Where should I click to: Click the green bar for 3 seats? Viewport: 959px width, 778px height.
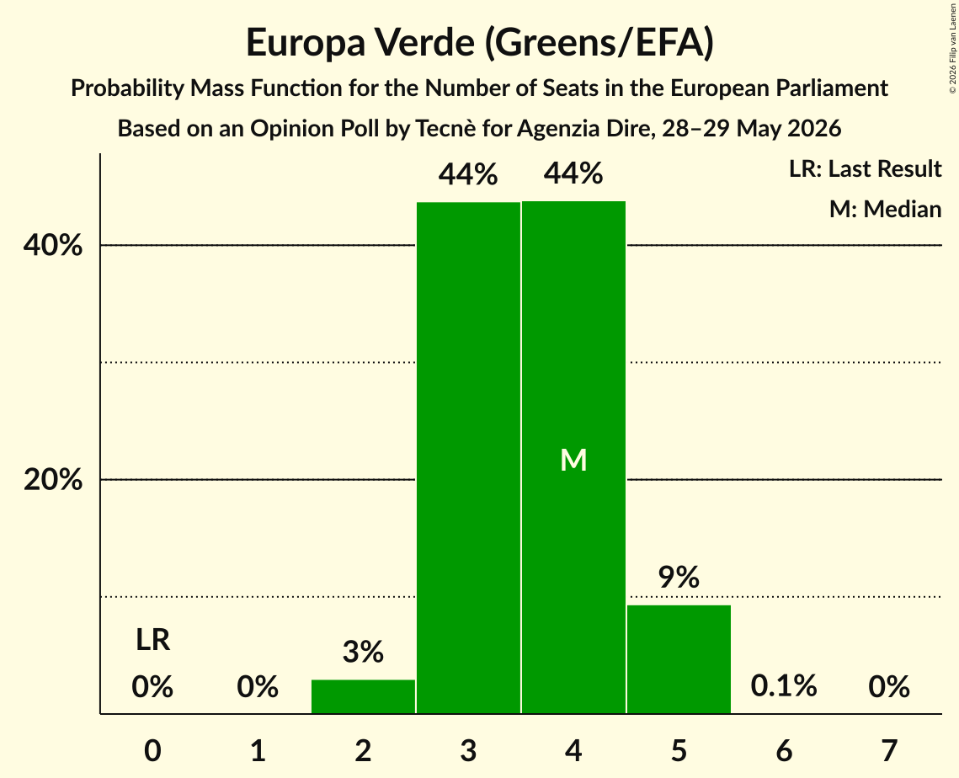pyautogui.click(x=468, y=457)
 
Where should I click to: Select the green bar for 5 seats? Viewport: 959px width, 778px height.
pyautogui.click(x=679, y=658)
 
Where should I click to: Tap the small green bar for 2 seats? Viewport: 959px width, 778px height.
pyautogui.click(x=363, y=696)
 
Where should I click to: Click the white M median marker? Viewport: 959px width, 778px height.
pyautogui.click(x=573, y=460)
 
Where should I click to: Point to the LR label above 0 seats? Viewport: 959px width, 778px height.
pyautogui.click(x=153, y=640)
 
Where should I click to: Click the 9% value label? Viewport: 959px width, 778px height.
pyautogui.click(x=679, y=577)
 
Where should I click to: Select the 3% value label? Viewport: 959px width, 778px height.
pyautogui.click(x=363, y=652)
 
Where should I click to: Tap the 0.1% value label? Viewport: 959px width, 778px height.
pyautogui.click(x=784, y=686)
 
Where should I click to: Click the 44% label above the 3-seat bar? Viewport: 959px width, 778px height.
pyautogui.click(x=468, y=173)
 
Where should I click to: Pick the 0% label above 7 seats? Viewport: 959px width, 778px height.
pyautogui.click(x=889, y=686)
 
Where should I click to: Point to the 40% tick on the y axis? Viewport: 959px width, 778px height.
pyautogui.click(x=52, y=245)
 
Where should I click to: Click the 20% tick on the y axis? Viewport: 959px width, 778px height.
pyautogui.click(x=52, y=480)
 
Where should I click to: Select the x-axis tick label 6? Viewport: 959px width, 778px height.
pyautogui.click(x=784, y=750)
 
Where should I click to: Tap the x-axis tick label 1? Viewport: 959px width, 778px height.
pyautogui.click(x=258, y=750)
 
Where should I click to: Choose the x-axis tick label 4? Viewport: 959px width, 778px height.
pyautogui.click(x=573, y=750)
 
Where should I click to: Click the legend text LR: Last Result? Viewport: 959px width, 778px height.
pyautogui.click(x=865, y=168)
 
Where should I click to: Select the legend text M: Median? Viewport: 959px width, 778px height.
pyautogui.click(x=885, y=209)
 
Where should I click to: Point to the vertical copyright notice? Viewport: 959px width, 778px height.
pyautogui.click(x=952, y=48)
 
